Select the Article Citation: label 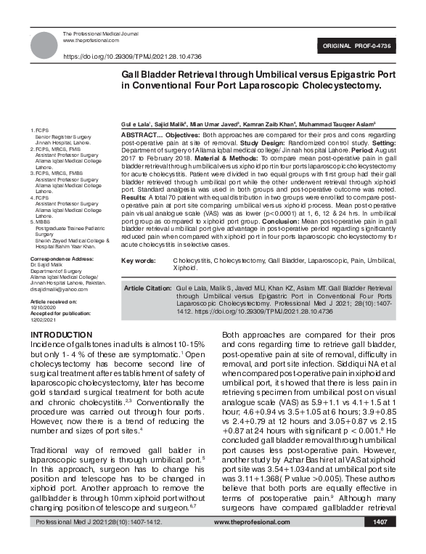(147, 288)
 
